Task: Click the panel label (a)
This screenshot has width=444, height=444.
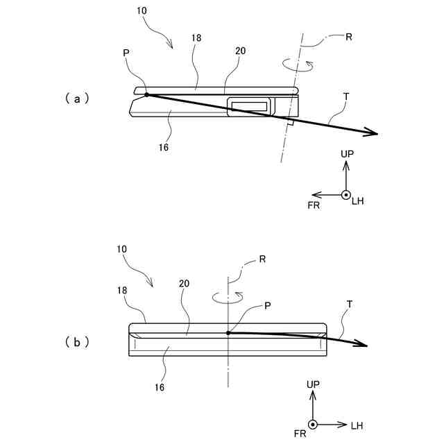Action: (x=77, y=99)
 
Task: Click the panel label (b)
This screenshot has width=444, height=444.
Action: (x=77, y=341)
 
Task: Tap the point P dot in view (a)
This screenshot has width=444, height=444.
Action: (x=146, y=95)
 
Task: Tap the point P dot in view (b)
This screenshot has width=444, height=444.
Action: (x=228, y=333)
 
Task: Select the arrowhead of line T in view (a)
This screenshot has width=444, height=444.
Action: (x=373, y=133)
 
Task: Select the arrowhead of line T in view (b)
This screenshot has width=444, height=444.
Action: (x=361, y=345)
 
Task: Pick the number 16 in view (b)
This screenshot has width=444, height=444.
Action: (x=160, y=388)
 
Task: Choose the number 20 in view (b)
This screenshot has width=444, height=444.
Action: (x=185, y=284)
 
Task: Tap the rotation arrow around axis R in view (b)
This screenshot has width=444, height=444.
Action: (x=228, y=297)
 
